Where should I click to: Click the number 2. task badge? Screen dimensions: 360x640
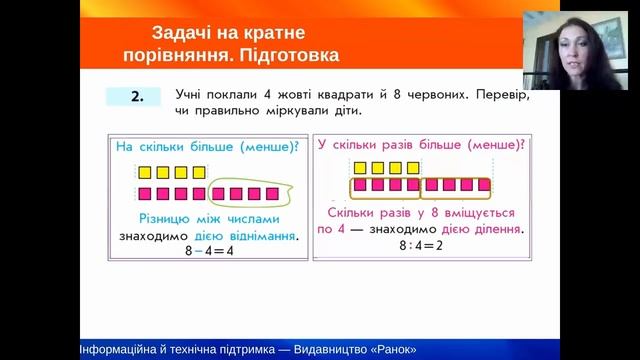132,97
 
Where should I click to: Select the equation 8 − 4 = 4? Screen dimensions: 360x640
208,251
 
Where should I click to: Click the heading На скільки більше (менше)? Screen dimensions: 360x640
207,147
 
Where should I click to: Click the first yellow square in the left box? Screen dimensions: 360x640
146,173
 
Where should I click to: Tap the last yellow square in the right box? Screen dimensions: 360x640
412,167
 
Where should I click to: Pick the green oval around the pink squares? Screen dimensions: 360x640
251,193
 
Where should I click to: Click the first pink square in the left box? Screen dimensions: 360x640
146,193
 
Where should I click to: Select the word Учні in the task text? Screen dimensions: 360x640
189,94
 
